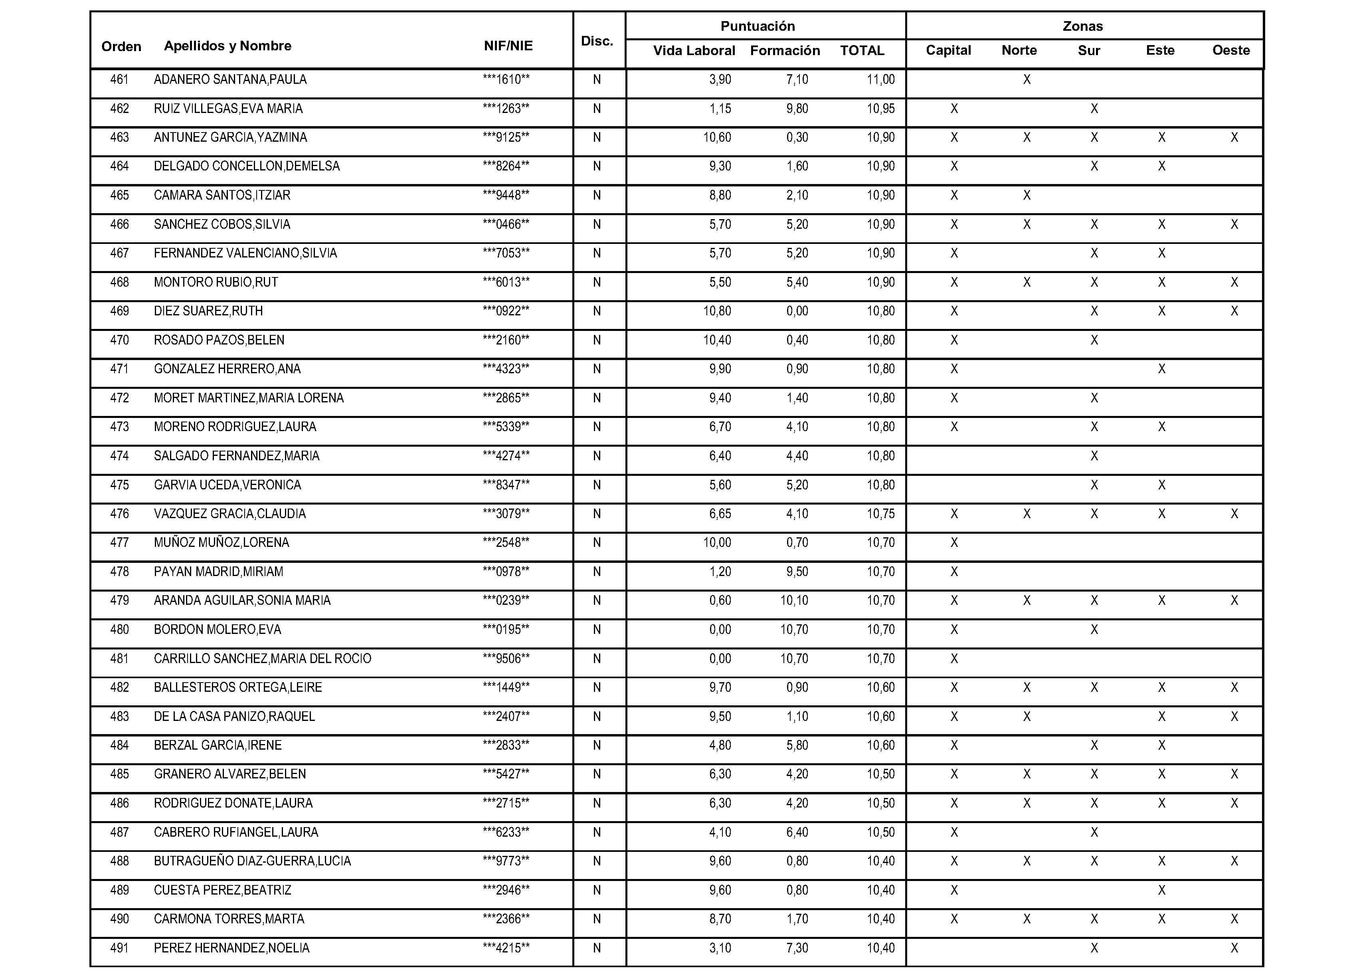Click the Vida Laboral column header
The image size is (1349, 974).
point(694,51)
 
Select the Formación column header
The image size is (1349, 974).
point(785,51)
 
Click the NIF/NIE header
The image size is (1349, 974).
point(508,46)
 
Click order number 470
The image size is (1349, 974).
point(120,341)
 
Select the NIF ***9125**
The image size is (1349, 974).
point(506,137)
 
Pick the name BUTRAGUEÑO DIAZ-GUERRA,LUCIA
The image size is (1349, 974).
point(252,861)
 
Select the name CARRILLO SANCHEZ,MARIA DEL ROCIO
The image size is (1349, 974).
point(262,659)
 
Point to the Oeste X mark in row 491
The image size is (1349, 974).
point(1234,948)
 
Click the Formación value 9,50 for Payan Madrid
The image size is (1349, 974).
point(797,572)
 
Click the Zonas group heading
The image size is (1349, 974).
point(1082,26)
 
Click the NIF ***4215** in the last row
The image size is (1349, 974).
point(506,948)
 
